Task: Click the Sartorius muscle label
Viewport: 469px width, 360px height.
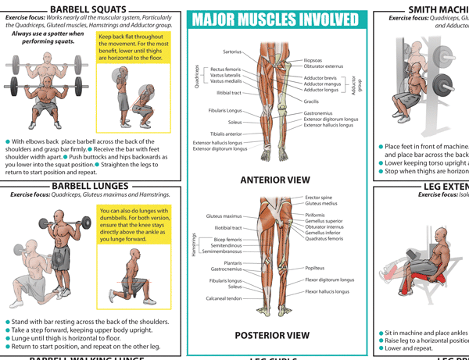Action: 232,52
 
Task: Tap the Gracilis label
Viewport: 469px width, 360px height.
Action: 311,102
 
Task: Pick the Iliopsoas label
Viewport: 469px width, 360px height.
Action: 314,59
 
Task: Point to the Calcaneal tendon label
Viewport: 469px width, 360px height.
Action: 224,298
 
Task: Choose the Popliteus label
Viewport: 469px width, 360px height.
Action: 314,267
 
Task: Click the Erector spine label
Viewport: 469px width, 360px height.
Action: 320,198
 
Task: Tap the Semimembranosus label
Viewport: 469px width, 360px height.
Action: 222,251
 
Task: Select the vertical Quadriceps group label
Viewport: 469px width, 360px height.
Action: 196,76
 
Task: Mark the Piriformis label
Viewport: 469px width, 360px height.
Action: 316,215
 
